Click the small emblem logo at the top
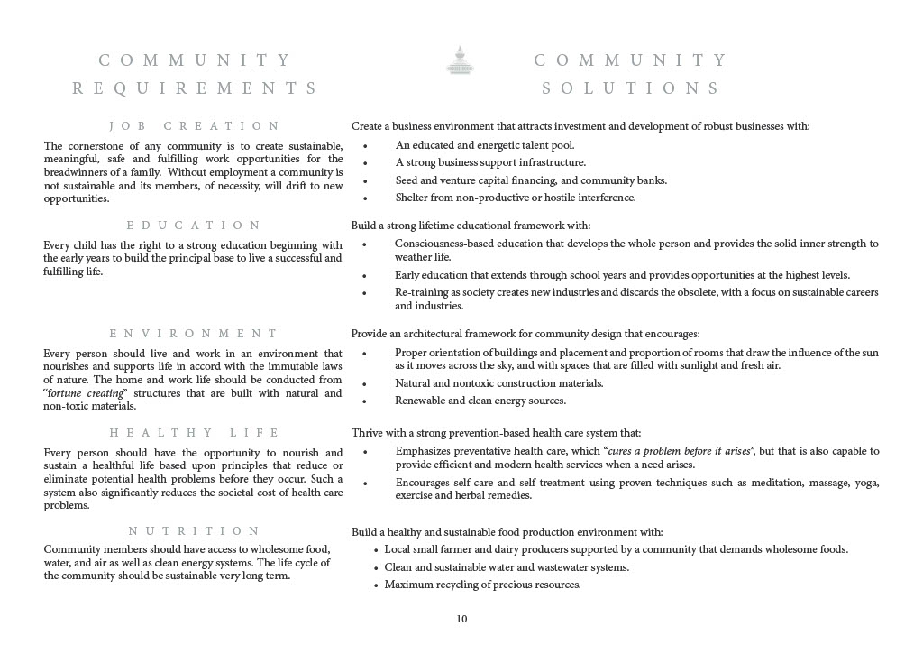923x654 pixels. coord(461,60)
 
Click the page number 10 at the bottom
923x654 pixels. coord(461,619)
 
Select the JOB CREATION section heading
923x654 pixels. coord(194,126)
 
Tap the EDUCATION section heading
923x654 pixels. coord(194,226)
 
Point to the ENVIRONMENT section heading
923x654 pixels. coord(194,334)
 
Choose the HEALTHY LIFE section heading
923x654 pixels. coord(194,433)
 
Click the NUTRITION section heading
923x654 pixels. coord(194,531)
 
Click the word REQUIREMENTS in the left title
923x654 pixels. coord(195,88)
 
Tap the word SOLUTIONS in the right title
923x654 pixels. coord(631,88)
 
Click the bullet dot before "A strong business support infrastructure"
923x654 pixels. coord(365,163)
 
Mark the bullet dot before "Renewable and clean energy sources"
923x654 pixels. coord(365,401)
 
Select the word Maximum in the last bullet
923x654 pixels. coord(407,585)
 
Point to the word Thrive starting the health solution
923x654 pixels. coord(367,433)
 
